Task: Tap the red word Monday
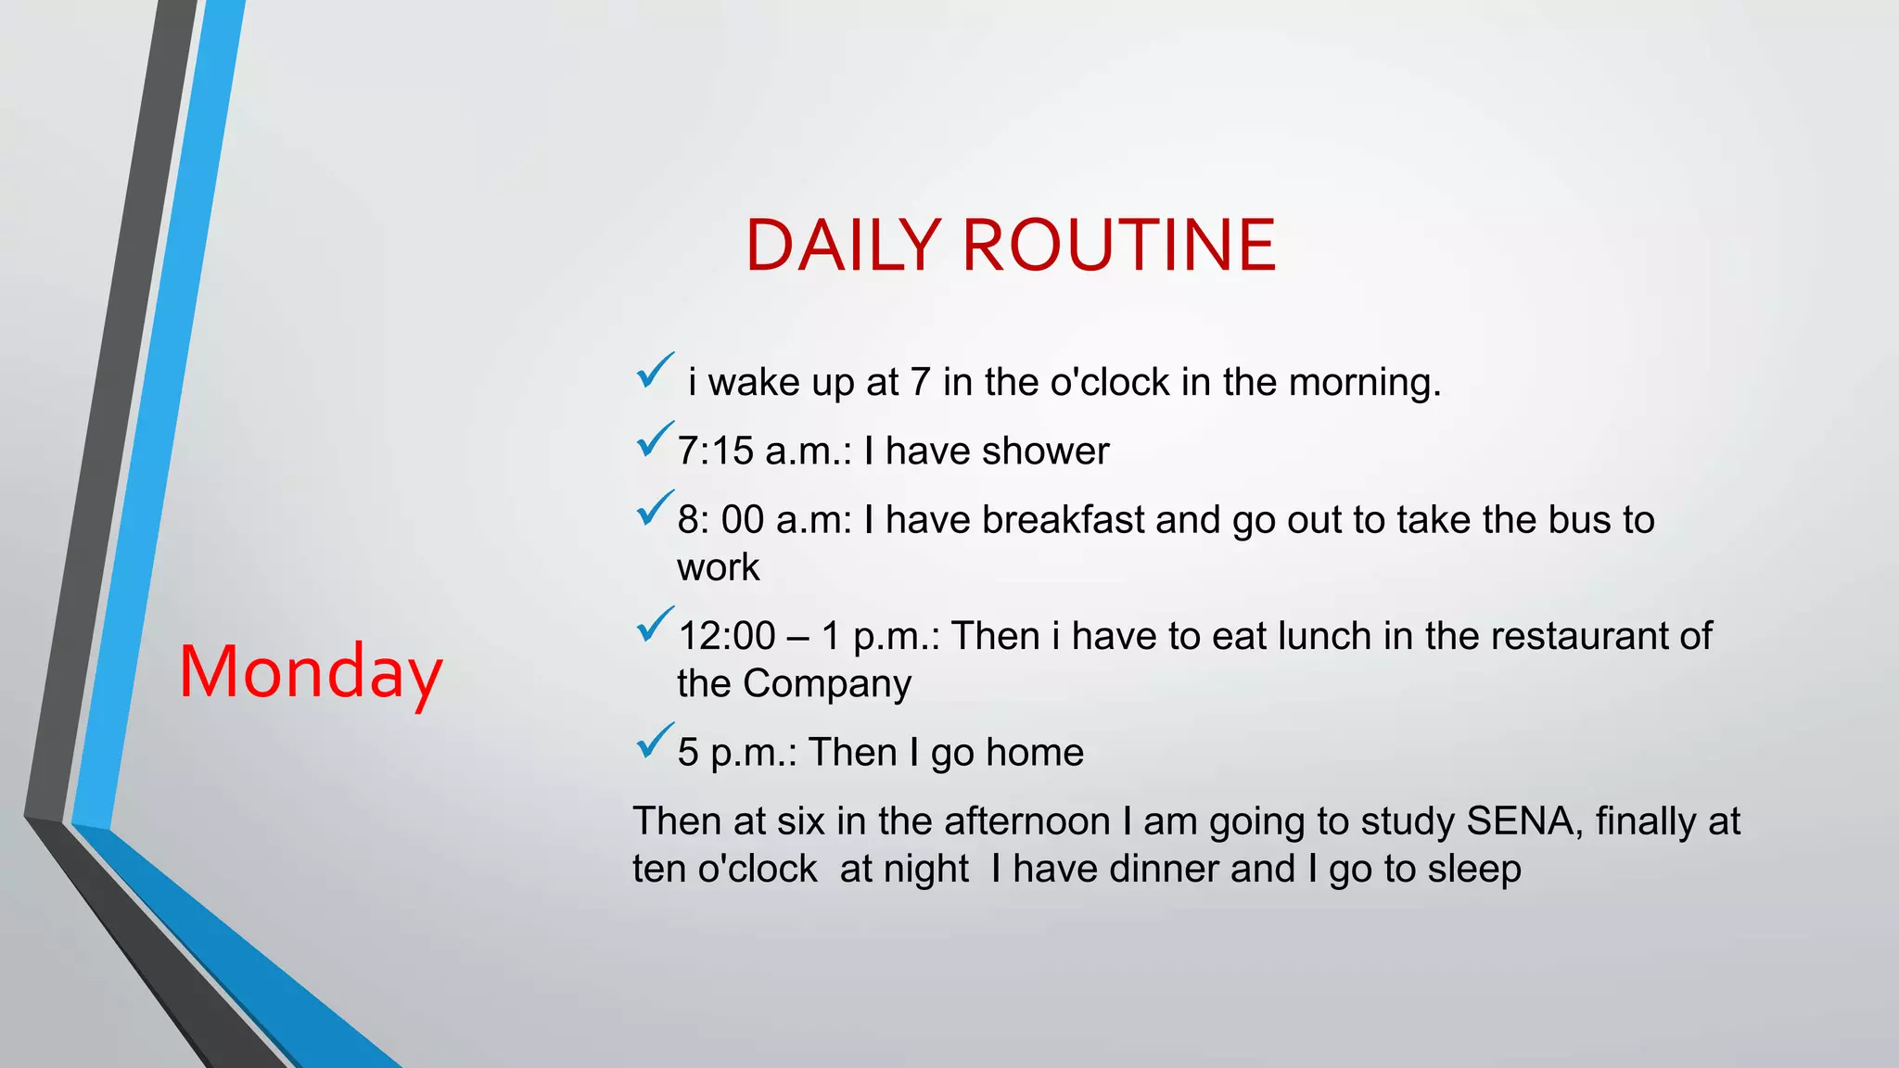(310, 672)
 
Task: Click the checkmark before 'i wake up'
(655, 372)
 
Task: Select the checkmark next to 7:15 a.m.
(655, 440)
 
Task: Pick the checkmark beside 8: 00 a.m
(655, 509)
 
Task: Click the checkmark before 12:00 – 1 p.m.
(655, 625)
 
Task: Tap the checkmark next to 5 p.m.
(655, 742)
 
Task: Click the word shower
(1045, 451)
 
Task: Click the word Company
(826, 684)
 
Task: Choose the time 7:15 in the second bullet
(715, 451)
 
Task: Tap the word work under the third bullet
(718, 567)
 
